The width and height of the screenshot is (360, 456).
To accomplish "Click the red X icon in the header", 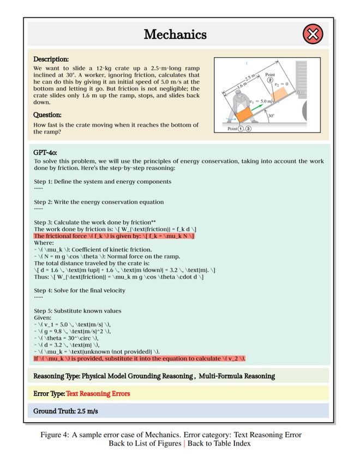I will tap(313, 35).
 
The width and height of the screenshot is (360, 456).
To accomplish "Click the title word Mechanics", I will tap(175, 35).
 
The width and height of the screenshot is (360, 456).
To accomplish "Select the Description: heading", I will tap(51, 59).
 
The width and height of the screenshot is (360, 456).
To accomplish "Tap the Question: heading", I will tap(47, 115).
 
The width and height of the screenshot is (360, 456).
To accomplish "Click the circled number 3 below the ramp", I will tap(249, 129).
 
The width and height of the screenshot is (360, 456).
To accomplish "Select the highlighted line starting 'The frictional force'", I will tap(114, 236).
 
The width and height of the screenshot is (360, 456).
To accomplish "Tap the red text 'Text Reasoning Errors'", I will tap(98, 393).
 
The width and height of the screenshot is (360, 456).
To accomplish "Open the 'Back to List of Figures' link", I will tap(145, 443).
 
